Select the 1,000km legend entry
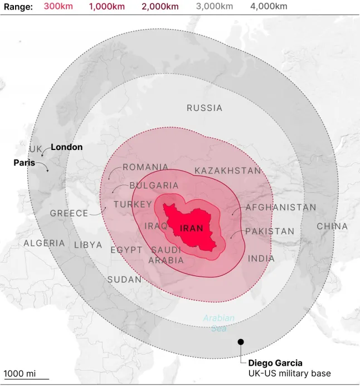pos(107,7)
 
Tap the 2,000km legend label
pos(160,7)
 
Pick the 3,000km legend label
pos(215,7)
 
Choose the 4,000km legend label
pos(269,7)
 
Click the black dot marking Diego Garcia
pos(241,342)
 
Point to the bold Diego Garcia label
pos(275,363)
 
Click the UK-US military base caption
pos(289,373)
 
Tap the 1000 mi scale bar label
pos(20,373)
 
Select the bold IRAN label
pos(192,229)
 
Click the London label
pos(66,147)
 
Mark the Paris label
pos(24,163)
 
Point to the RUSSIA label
pos(205,108)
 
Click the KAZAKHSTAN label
pos(228,171)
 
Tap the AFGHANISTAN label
pos(281,207)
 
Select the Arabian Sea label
pos(218,323)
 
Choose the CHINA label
pos(332,226)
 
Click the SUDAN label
pos(124,279)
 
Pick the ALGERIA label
pos(44,244)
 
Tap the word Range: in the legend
pos(18,7)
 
